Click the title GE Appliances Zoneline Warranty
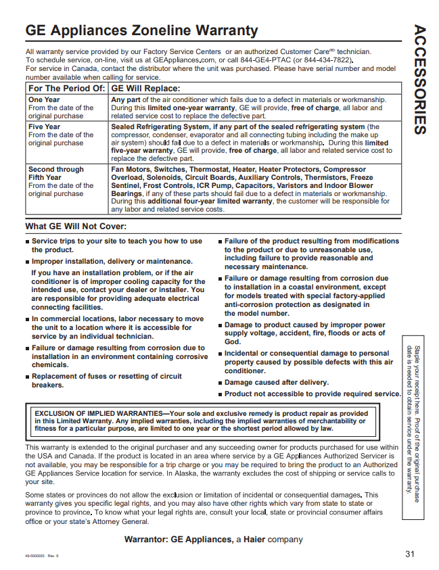click(x=141, y=31)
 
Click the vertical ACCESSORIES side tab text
click(x=419, y=79)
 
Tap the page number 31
click(x=409, y=554)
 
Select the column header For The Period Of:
click(x=66, y=89)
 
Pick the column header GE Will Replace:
click(x=145, y=89)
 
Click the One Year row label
click(x=44, y=99)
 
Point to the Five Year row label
click(x=45, y=126)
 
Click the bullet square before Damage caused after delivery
click(x=220, y=383)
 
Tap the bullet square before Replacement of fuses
click(x=28, y=377)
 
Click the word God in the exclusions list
click(x=232, y=342)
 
